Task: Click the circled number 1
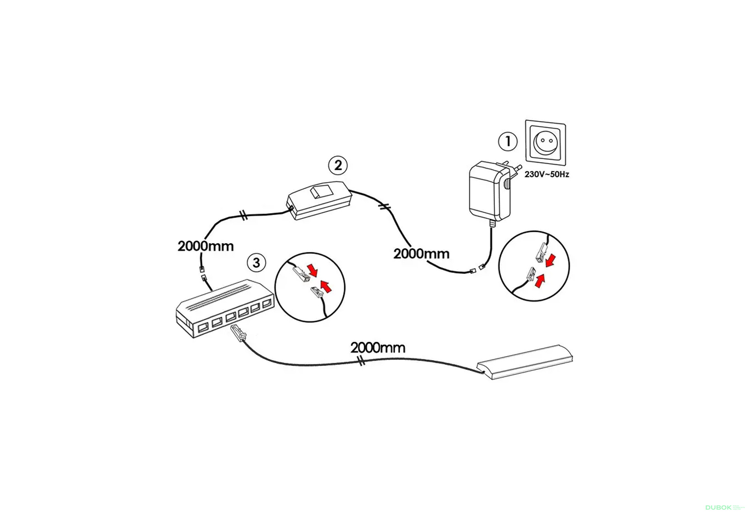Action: (508, 141)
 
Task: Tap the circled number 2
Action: (338, 165)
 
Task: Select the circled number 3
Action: (256, 263)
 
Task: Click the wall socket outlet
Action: (545, 143)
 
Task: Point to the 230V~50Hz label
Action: (547, 174)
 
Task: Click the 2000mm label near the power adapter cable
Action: (421, 254)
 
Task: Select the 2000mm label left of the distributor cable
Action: (205, 246)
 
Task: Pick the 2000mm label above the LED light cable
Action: (378, 347)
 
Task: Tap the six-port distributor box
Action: (224, 308)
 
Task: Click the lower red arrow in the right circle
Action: (540, 280)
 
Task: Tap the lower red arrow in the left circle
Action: (326, 286)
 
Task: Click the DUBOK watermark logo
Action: (718, 507)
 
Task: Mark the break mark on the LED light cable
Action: (361, 361)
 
